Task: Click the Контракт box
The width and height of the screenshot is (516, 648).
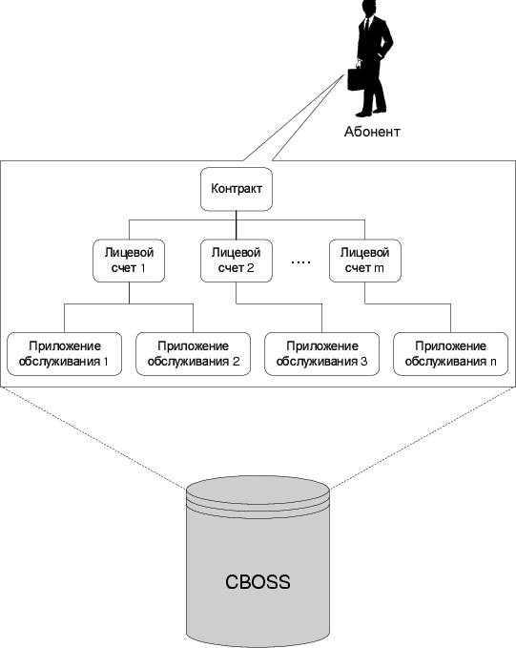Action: click(x=237, y=189)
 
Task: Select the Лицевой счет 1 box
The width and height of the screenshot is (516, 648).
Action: click(x=129, y=261)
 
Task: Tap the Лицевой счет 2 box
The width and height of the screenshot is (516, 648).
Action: click(x=237, y=261)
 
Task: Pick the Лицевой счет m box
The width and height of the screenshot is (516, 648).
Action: click(x=365, y=261)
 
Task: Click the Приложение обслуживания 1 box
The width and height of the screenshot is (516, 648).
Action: click(x=65, y=354)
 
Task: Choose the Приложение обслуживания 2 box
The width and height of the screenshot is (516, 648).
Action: click(x=194, y=354)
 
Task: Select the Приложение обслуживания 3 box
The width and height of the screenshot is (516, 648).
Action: click(x=321, y=354)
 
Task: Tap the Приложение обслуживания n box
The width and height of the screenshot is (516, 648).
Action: click(x=451, y=354)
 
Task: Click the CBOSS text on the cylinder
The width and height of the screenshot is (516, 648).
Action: click(x=258, y=582)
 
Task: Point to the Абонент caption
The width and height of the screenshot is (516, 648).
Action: click(x=372, y=132)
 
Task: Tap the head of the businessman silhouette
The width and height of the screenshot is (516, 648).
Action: click(x=370, y=7)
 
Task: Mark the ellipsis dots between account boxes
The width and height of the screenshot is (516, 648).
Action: click(x=300, y=262)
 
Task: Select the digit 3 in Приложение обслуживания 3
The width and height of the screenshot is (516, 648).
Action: click(x=363, y=362)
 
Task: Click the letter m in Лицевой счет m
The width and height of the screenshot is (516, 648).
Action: click(x=379, y=268)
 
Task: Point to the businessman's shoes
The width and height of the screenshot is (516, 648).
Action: click(x=371, y=112)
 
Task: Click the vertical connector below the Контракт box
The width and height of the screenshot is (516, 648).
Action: click(x=237, y=225)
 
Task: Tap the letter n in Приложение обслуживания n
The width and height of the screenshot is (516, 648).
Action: click(x=493, y=362)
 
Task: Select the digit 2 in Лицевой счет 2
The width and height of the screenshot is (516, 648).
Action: click(x=250, y=268)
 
